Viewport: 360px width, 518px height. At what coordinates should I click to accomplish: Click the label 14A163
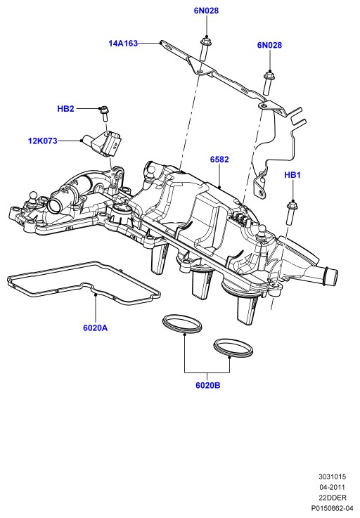click(x=123, y=44)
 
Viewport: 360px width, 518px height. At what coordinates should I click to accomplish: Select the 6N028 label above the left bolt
click(x=206, y=11)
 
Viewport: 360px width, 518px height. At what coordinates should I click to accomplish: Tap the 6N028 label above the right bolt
click(x=269, y=45)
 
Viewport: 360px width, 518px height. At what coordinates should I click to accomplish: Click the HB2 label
click(x=66, y=109)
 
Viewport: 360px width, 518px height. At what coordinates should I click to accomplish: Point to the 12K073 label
click(x=43, y=141)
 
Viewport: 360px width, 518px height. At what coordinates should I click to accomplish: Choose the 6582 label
click(x=219, y=160)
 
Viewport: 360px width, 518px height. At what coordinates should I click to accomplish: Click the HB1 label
click(x=292, y=175)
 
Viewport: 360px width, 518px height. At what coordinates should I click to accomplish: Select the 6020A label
click(x=95, y=328)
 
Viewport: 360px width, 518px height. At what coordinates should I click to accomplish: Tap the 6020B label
click(x=207, y=386)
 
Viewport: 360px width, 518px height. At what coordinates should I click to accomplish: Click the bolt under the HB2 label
click(x=104, y=113)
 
